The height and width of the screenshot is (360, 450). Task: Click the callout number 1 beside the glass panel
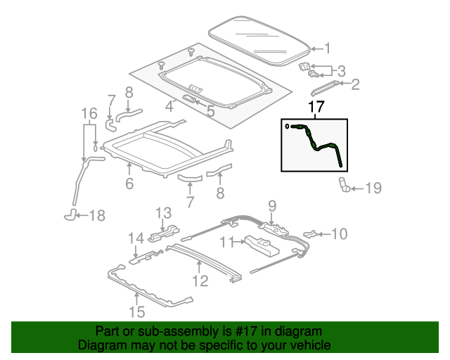click(328, 49)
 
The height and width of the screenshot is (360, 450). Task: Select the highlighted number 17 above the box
click(316, 107)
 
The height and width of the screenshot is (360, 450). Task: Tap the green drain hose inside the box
click(319, 143)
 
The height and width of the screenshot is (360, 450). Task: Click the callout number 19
click(373, 188)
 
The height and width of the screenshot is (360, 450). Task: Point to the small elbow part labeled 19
click(345, 185)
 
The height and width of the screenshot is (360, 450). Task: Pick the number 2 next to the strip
click(355, 84)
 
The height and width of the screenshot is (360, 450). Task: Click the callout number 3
click(341, 71)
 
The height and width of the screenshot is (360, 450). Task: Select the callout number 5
click(211, 111)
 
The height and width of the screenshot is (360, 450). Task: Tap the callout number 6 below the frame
click(129, 184)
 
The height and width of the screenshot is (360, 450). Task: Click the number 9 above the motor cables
click(272, 206)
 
